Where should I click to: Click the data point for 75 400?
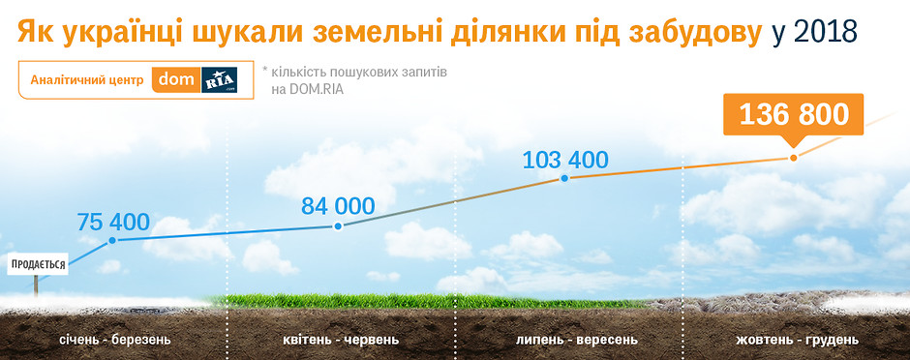[112, 240]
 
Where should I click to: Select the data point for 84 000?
[339, 226]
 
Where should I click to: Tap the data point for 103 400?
[563, 179]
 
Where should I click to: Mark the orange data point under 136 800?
[794, 158]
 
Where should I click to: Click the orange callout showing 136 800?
[794, 115]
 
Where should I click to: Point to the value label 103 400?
[565, 160]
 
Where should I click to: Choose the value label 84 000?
[338, 206]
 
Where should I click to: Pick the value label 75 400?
[113, 222]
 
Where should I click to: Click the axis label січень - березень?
[115, 339]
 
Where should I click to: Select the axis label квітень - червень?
[341, 339]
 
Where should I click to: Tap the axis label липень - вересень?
[577, 339]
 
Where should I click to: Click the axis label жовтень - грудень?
[797, 339]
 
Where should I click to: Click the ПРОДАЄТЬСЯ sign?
[39, 264]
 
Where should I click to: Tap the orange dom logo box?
[176, 80]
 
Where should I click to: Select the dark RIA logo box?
[220, 80]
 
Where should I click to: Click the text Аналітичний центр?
[87, 80]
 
